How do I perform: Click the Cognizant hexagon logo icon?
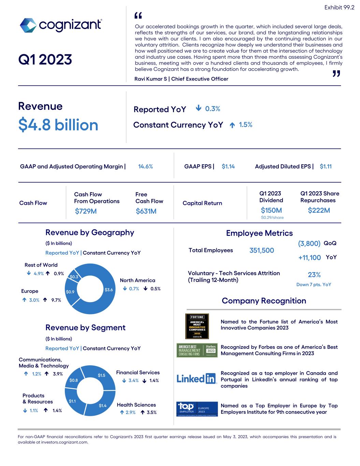click(x=28, y=26)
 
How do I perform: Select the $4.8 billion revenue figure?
click(x=58, y=125)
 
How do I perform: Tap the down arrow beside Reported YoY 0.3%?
click(x=198, y=109)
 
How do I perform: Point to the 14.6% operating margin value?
click(x=145, y=167)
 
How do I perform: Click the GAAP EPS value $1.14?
click(x=228, y=167)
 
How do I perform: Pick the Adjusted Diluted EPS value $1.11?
click(x=326, y=167)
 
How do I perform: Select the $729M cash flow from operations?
click(x=86, y=211)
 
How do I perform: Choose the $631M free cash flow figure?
click(x=146, y=211)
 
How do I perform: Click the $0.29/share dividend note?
click(x=272, y=217)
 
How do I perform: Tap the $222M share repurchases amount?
click(x=319, y=210)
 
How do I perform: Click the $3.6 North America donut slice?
click(x=109, y=290)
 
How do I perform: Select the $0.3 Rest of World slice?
click(x=74, y=277)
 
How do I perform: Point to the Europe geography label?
click(x=30, y=291)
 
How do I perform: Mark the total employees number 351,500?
click(x=261, y=250)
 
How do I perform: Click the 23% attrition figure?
click(x=314, y=275)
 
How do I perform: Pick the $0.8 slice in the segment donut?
click(x=74, y=380)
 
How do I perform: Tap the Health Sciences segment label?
click(x=136, y=405)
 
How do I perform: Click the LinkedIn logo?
click(x=197, y=378)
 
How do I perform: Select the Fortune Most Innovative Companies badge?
click(x=197, y=326)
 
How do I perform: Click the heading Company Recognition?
click(x=264, y=301)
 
